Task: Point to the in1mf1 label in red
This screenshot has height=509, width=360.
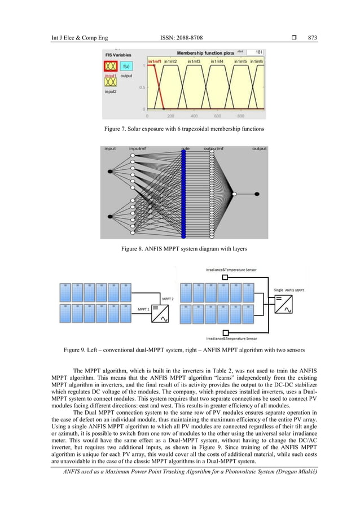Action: (x=155, y=61)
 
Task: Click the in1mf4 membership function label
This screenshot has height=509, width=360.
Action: (x=217, y=61)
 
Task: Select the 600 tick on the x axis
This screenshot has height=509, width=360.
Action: (x=217, y=116)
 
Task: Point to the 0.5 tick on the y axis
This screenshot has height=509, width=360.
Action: (x=143, y=87)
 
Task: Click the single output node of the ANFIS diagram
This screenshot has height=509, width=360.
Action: (x=257, y=194)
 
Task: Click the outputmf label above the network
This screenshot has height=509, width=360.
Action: (x=213, y=149)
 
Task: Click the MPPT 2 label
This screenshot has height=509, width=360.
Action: (x=168, y=298)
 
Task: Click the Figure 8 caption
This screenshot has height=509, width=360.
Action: (x=179, y=248)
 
